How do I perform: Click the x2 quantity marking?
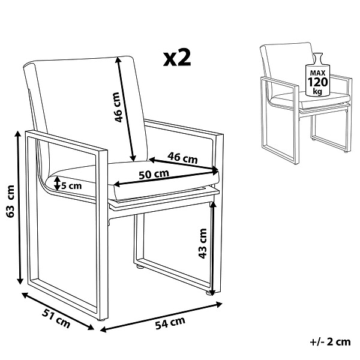177,59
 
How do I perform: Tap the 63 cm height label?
11,202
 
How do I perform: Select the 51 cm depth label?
56,319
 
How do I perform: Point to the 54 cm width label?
170,323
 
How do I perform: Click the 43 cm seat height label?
203,244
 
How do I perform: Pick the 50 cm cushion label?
154,175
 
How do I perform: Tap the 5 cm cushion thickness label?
71,185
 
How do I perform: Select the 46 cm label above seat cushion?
182,158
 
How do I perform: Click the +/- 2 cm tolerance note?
330,342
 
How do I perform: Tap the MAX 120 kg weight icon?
317,75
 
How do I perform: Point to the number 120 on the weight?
318,82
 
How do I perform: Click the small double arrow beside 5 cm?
57,183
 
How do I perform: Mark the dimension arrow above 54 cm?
161,317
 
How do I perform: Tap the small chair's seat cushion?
310,99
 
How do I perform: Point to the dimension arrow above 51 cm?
58,311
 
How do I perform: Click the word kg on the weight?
317,91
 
